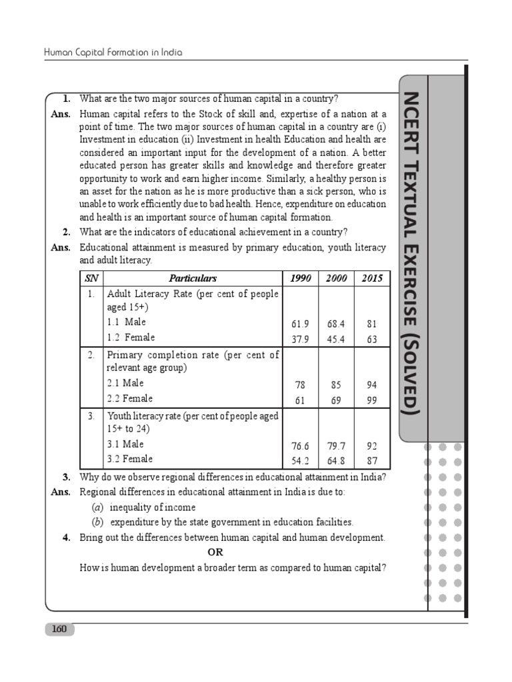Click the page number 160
pos(59,629)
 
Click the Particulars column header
pos(193,278)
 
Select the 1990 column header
pos(301,278)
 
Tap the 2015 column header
pos(372,278)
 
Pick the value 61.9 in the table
pos(301,324)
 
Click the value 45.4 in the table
pos(336,340)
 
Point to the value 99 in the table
pos(372,400)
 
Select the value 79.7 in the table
pos(336,446)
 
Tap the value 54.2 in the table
pos(301,461)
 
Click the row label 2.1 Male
pos(125,383)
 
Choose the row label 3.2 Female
pos(130,459)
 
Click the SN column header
pos(91,278)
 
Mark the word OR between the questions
pos(215,552)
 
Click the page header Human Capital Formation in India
pos(113,52)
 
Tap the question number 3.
pos(67,477)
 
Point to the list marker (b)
pos(97,522)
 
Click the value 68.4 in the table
pos(336,324)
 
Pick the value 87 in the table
pos(372,461)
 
